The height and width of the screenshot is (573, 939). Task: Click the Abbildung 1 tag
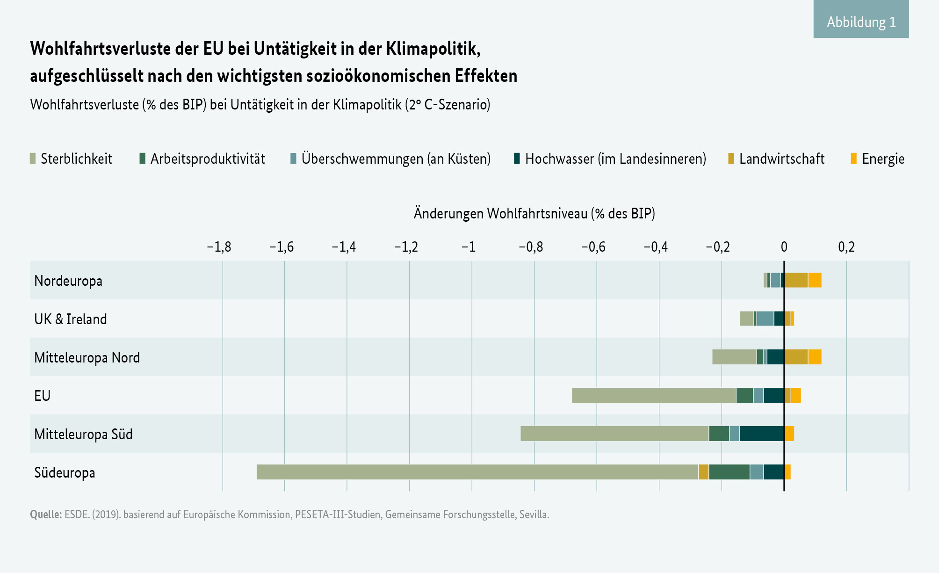point(861,22)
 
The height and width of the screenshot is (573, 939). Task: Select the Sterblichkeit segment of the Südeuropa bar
point(477,472)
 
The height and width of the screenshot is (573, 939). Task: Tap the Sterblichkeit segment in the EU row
point(654,395)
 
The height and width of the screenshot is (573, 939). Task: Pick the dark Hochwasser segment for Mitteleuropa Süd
point(762,434)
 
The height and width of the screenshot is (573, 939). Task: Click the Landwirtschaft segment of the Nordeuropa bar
point(796,280)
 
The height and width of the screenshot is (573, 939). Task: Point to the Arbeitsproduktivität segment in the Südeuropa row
point(729,472)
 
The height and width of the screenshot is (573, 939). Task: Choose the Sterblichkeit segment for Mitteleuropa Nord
point(734,357)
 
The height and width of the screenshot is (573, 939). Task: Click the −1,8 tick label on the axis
point(219,247)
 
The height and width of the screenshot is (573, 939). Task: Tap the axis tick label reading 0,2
point(846,247)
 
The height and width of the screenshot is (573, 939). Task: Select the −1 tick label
point(469,247)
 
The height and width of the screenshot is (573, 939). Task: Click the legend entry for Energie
point(882,159)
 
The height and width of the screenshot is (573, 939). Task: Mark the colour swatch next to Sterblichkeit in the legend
point(33,159)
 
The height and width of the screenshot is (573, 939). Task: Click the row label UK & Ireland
point(71,319)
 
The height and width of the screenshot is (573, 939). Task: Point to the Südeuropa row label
point(65,472)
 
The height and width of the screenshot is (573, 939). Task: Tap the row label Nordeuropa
point(68,281)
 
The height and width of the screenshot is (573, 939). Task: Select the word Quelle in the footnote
point(45,515)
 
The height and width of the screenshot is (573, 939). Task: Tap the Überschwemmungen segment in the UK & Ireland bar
point(765,319)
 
